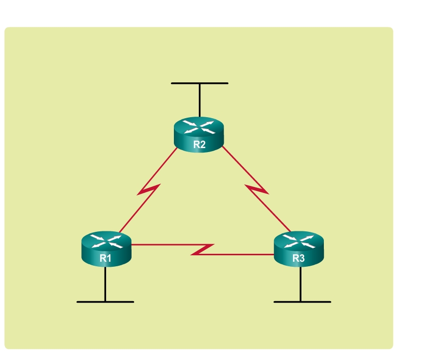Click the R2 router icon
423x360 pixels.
click(199, 135)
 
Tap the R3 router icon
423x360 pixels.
click(298, 248)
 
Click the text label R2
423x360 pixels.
click(199, 145)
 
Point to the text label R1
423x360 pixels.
click(106, 258)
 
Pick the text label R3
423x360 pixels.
click(298, 258)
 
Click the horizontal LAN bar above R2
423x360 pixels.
click(199, 83)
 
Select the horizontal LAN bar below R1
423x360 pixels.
click(105, 302)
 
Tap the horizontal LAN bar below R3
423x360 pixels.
click(302, 302)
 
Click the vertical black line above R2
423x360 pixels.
click(199, 100)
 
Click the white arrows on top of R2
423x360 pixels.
click(199, 127)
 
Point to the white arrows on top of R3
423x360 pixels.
click(298, 241)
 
